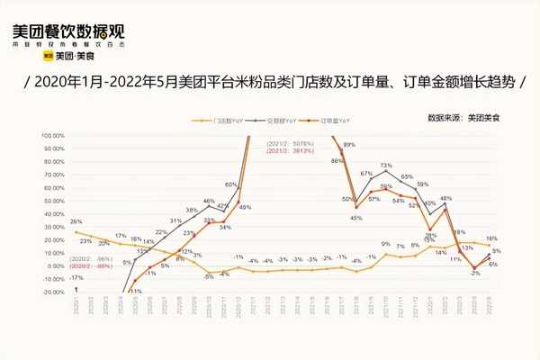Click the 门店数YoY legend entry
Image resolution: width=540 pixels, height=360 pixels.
[x=229, y=120]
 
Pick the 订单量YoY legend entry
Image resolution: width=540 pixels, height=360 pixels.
[x=337, y=120]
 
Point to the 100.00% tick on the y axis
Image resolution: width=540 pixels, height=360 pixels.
[x=51, y=135]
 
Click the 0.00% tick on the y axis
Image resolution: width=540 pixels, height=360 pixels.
[x=53, y=265]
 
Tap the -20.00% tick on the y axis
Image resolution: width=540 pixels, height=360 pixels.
[x=51, y=292]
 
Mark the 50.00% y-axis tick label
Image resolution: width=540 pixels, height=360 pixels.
[x=51, y=200]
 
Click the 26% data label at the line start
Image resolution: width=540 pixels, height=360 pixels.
[x=76, y=221]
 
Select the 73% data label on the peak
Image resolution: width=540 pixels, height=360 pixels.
[x=386, y=166]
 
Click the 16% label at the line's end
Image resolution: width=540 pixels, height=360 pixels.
[x=491, y=237]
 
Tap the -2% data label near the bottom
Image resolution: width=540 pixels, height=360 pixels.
[x=474, y=273]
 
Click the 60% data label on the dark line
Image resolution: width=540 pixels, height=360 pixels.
[x=230, y=184]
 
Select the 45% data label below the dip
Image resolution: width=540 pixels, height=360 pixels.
[x=355, y=217]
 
